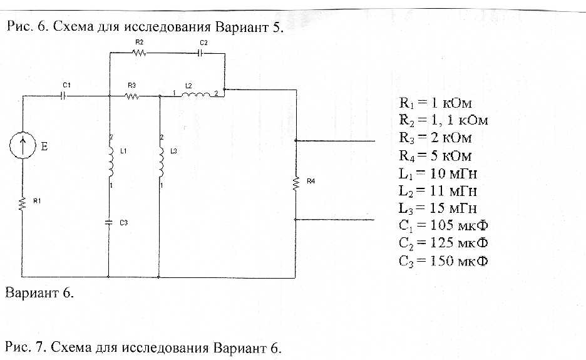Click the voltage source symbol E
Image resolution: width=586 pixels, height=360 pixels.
point(23,146)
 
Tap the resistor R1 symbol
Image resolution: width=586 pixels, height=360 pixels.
point(23,205)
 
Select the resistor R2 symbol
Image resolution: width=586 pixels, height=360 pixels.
point(139,53)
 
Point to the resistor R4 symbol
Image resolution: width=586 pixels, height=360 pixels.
point(295,183)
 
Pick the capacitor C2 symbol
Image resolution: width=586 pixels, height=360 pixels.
point(200,53)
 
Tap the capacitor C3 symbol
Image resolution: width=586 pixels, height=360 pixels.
point(109,222)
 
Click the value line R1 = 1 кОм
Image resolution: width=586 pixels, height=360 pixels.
point(435,103)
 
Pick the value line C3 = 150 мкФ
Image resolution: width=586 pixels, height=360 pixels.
point(443,259)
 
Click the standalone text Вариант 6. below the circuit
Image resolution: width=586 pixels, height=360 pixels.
point(39,293)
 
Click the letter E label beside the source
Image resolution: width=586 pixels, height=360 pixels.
point(44,147)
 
